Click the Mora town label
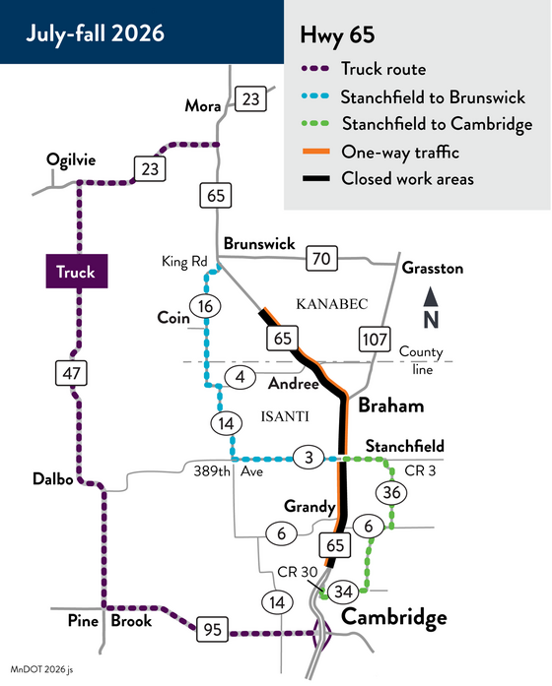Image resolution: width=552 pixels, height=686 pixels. (202, 105)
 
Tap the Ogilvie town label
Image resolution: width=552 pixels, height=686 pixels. (71, 160)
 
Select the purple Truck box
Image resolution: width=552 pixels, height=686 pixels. (77, 272)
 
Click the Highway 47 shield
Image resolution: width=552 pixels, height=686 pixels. (71, 373)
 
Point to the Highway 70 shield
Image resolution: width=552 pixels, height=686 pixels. (321, 258)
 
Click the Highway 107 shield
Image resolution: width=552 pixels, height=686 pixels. (375, 339)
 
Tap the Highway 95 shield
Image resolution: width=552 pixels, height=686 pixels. (213, 629)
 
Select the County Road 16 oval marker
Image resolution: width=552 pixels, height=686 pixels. (205, 306)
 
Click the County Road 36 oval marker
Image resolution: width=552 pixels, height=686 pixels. (391, 493)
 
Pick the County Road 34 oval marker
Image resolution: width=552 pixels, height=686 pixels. (343, 592)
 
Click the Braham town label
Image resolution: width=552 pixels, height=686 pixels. (391, 405)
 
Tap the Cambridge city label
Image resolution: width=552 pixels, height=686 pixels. (394, 618)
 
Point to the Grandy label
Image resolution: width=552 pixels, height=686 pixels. (310, 507)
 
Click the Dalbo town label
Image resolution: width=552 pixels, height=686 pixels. (53, 479)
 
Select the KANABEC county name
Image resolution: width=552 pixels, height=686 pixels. (332, 304)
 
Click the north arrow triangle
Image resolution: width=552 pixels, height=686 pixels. (431, 296)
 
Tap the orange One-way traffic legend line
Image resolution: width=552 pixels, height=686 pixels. (315, 152)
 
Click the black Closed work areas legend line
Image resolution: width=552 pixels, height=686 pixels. (315, 178)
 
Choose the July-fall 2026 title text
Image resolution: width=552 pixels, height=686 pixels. (95, 33)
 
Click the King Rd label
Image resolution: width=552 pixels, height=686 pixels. (184, 262)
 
